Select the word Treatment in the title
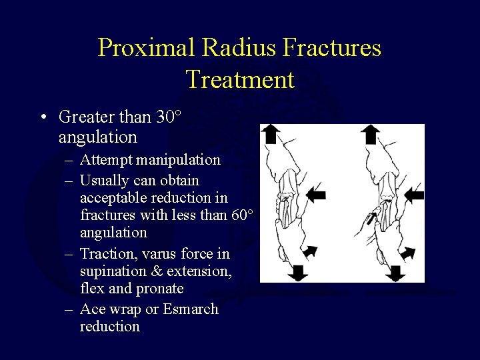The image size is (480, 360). pyautogui.click(x=240, y=79)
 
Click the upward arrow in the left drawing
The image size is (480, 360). pyautogui.click(x=269, y=134)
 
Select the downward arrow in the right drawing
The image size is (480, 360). pyautogui.click(x=396, y=272)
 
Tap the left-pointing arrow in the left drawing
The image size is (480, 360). pyautogui.click(x=316, y=195)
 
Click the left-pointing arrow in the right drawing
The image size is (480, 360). pyautogui.click(x=413, y=195)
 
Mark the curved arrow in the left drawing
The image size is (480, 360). pyautogui.click(x=309, y=253)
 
